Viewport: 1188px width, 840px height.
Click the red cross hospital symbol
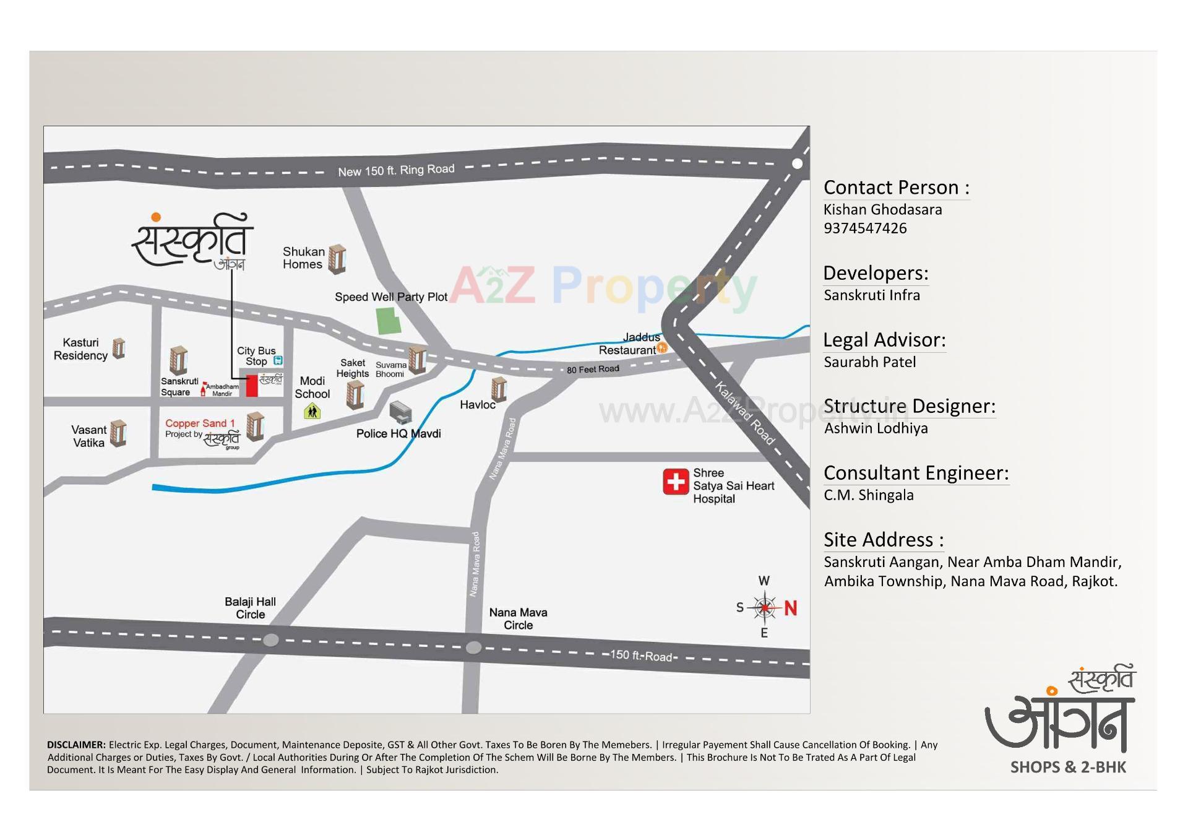(676, 482)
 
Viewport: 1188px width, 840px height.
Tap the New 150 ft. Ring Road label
(396, 170)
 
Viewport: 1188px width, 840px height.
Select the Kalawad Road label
(745, 413)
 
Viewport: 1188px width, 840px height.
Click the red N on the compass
(790, 608)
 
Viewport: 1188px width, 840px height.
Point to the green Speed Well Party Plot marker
(389, 321)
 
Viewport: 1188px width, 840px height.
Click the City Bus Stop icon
(278, 360)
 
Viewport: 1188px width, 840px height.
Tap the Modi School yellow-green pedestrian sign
(312, 411)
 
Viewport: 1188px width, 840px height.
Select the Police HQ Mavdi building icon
(400, 411)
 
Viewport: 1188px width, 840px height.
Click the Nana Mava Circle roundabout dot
(473, 647)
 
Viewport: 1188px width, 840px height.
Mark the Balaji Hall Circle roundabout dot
(270, 640)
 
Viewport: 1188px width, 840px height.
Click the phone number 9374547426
(865, 228)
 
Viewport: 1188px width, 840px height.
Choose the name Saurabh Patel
(869, 362)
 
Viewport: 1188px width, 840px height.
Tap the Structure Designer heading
(910, 406)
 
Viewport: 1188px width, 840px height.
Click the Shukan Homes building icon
(337, 259)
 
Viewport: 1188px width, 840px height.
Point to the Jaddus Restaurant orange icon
(662, 348)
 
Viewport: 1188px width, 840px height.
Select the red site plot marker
(252, 386)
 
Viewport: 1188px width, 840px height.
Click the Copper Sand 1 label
(200, 423)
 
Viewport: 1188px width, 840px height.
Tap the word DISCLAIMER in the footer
(76, 745)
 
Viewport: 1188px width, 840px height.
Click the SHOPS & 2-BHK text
(1068, 768)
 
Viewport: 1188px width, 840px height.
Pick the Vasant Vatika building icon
(118, 433)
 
